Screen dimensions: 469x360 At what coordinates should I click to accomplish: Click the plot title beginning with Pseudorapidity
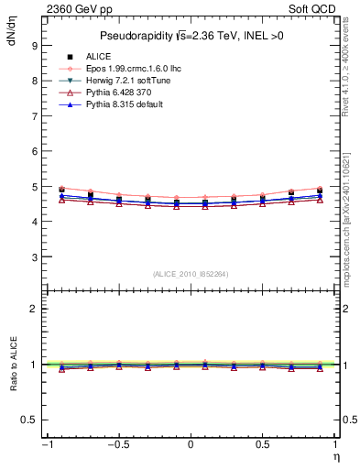[190, 37]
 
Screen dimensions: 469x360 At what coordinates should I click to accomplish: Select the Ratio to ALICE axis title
[12, 364]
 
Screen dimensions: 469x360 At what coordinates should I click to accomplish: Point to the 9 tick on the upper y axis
[33, 45]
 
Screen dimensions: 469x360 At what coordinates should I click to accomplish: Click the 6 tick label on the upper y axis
[33, 151]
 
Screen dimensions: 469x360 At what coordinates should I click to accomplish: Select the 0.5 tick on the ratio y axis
[28, 420]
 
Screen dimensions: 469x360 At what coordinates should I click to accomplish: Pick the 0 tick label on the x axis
[190, 445]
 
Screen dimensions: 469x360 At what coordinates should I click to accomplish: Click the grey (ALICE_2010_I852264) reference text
[190, 274]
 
